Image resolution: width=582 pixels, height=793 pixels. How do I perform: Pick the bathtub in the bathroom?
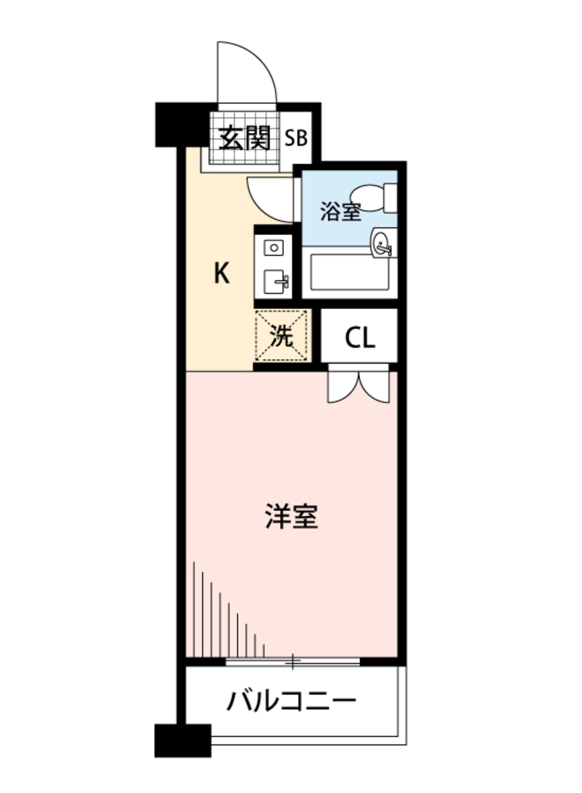349,272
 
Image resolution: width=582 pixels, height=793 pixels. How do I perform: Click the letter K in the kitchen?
221,273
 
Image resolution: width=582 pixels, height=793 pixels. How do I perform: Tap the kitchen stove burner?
274,248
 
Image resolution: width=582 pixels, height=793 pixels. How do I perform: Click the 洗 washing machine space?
281,336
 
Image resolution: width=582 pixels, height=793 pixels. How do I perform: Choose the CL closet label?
360,338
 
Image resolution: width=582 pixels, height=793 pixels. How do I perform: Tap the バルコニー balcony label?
291,700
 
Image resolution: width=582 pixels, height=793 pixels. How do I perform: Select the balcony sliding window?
293,661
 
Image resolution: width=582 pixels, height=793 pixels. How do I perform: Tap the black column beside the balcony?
183,741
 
